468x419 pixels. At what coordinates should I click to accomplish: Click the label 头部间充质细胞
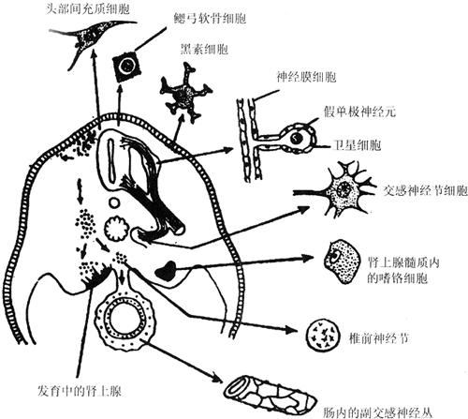pos(88,8)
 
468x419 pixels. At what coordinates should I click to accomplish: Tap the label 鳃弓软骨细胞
pos(210,19)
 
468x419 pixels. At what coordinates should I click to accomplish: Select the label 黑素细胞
pos(205,49)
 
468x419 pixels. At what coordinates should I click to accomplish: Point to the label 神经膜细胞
pos(306,77)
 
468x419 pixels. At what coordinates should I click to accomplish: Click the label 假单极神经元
pos(359,112)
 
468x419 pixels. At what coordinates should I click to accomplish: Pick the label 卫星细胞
pos(357,145)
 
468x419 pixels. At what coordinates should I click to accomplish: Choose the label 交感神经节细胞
pos(426,190)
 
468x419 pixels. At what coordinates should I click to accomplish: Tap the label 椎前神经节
pos(379,338)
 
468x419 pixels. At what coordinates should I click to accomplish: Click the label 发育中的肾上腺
pos(80,391)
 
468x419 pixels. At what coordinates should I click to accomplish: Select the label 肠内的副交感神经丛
pos(378,413)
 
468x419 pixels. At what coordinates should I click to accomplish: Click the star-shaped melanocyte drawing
pos(186,92)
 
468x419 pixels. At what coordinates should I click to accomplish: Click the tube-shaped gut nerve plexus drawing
pos(271,395)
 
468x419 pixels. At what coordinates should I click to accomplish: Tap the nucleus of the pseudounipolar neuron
pos(296,138)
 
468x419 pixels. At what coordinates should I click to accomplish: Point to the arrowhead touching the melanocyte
pos(181,119)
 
